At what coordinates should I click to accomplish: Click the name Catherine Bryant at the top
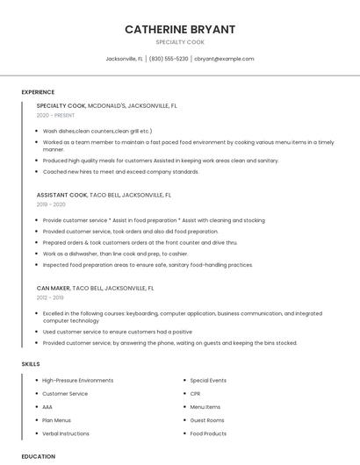pos(180,29)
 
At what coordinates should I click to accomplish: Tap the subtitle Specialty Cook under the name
pos(180,42)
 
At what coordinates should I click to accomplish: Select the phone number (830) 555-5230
pos(169,59)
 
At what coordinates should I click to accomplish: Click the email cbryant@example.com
pos(224,59)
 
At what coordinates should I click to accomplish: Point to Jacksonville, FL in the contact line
pos(125,59)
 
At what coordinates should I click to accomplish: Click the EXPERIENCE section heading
pos(38,92)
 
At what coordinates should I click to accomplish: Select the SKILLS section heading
pos(31,363)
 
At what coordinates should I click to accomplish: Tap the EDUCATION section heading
pos(39,456)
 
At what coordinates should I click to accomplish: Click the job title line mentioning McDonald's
pos(107,105)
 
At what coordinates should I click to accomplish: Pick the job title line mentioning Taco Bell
pos(104,195)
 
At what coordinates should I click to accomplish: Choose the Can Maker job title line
pos(95,287)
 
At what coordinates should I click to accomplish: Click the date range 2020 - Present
pos(55,115)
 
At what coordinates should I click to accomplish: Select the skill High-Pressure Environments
pos(78,381)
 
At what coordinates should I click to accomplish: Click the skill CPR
pos(197,394)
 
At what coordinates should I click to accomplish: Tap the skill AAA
pos(47,407)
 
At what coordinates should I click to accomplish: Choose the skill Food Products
pos(208,433)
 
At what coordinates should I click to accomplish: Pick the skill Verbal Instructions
pos(66,433)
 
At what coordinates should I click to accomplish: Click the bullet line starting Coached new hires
pos(121,172)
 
